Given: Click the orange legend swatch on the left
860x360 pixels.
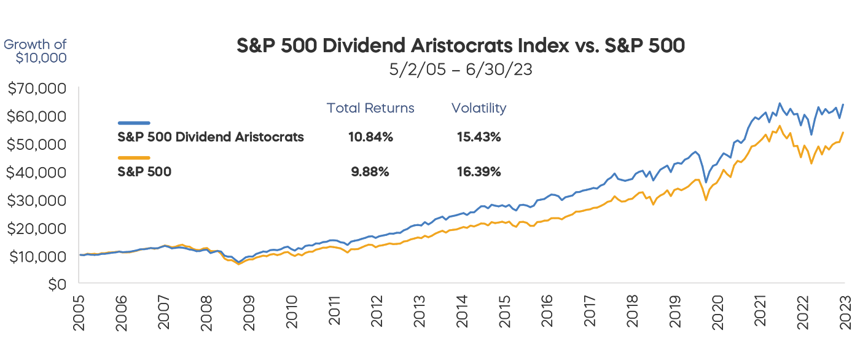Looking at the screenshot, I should [108, 157].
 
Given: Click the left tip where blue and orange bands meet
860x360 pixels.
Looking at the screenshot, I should [82, 252].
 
